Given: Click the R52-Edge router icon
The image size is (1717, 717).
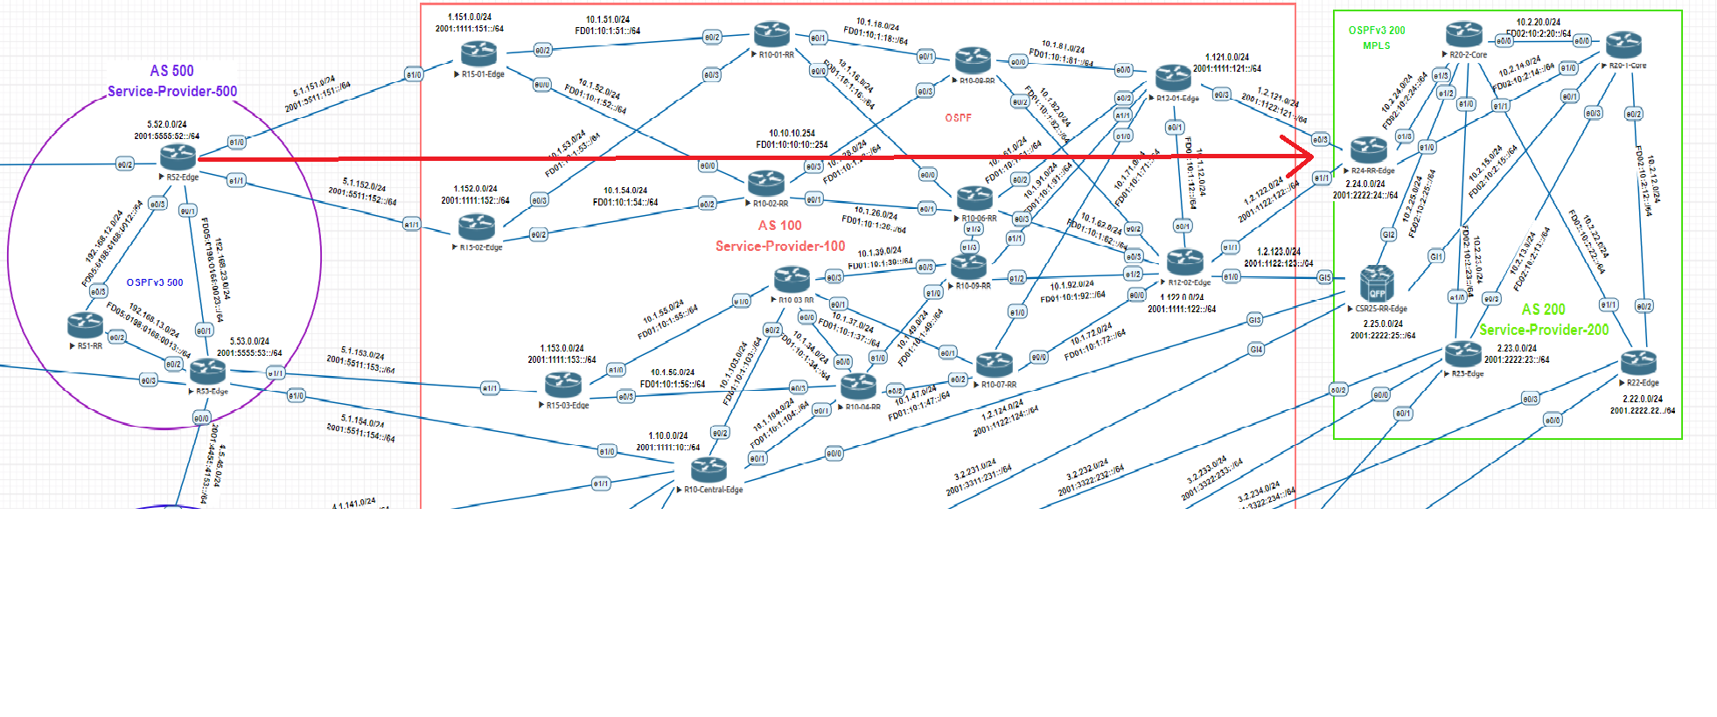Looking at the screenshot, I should point(178,157).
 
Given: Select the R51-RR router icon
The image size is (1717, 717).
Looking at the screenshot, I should point(86,325).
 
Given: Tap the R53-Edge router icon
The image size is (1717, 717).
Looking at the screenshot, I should point(207,372).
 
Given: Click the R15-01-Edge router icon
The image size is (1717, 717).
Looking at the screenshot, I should point(478,54).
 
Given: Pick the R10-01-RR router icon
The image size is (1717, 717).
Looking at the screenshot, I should point(772,35).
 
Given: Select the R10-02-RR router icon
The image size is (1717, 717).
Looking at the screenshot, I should point(766,183).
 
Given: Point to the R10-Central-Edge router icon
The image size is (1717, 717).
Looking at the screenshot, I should point(708,470).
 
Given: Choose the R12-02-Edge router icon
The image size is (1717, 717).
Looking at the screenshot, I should point(1185,261).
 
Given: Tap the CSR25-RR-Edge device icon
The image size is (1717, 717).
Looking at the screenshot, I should point(1377,283).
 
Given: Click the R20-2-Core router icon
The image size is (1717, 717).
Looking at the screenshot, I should point(1464,35).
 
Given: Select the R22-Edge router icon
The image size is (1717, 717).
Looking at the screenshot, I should point(1638,362).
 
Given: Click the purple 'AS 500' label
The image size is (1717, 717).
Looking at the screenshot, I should point(171,71).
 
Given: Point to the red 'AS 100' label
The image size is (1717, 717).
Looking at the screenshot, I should point(779,226).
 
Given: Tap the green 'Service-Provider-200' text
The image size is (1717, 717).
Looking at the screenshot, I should point(1544,330).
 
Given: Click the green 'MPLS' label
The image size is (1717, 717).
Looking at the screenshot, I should point(1376,45).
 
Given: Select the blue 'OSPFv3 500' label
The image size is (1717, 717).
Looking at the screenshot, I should point(155,282).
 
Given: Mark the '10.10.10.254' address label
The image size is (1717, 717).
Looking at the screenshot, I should point(792,133).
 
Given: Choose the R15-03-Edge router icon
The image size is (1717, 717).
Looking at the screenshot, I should point(562,384).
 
